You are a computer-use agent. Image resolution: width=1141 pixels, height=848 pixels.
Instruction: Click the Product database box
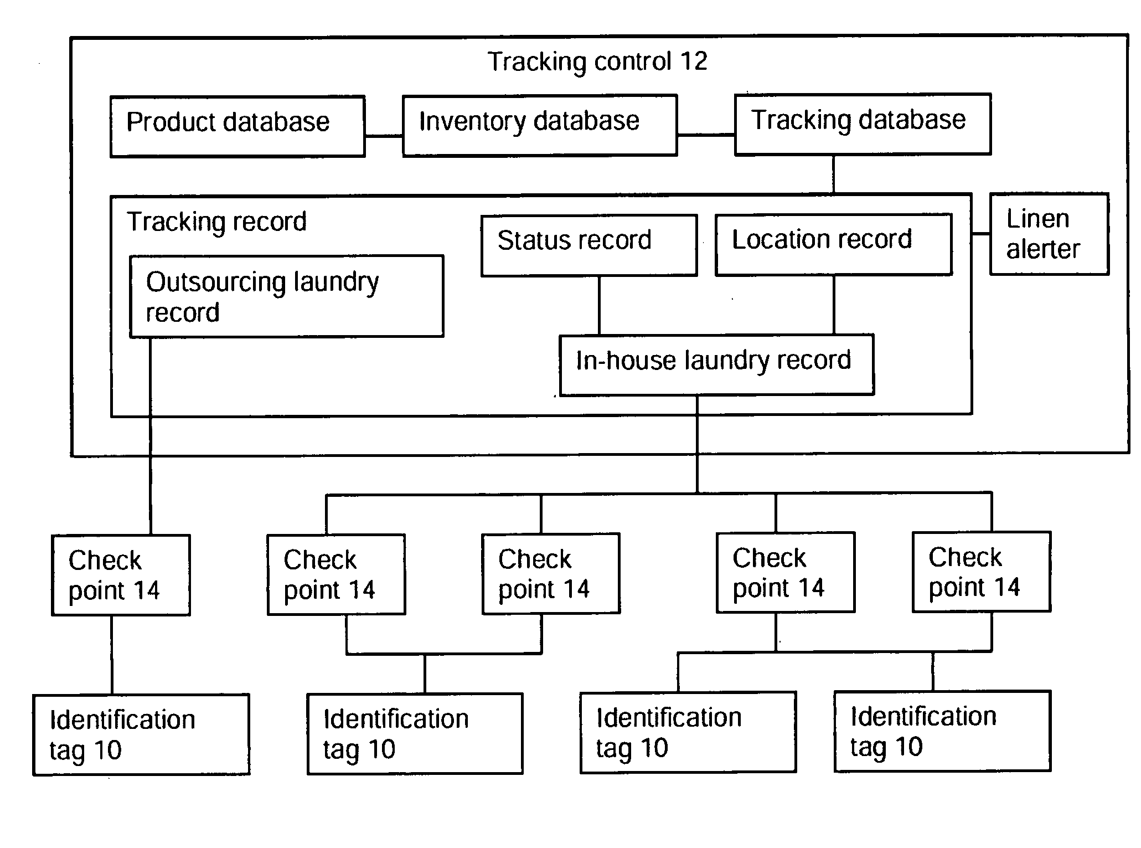pos(238,126)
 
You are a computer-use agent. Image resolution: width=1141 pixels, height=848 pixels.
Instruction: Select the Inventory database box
pos(540,125)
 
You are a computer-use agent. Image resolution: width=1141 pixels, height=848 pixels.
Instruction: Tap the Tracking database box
pos(863,124)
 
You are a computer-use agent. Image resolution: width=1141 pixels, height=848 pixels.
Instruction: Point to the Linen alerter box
pos(1049,234)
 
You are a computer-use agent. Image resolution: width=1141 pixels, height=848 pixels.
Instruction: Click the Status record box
pos(589,245)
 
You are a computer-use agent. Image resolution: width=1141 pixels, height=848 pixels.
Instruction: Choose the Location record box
pos(834,244)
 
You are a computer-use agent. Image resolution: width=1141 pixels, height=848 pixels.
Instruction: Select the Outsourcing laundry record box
pos(287,296)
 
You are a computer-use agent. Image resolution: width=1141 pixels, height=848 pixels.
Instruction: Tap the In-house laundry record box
pos(717,365)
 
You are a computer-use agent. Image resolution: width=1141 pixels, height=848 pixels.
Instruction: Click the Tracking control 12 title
pos(597,61)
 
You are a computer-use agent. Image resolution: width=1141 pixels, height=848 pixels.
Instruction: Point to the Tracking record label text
pos(216,222)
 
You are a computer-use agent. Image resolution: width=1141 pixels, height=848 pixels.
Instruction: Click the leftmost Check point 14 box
pos(121,575)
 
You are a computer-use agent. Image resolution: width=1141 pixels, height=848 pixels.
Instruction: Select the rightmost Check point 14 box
pos(982,572)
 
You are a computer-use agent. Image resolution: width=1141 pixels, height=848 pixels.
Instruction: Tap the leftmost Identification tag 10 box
pos(141,734)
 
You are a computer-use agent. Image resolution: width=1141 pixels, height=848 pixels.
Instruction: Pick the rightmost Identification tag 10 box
pos(942,731)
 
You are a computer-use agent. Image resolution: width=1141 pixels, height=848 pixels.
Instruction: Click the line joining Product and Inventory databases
pos(384,136)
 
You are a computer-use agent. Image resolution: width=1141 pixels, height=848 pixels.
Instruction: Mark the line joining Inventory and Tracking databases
pos(706,135)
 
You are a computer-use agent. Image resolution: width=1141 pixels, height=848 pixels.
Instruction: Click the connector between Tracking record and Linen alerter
pos(981,234)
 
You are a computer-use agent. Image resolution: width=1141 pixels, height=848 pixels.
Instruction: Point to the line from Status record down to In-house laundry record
pos(599,305)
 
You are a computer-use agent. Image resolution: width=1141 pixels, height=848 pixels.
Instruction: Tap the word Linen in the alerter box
pos(1037,219)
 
